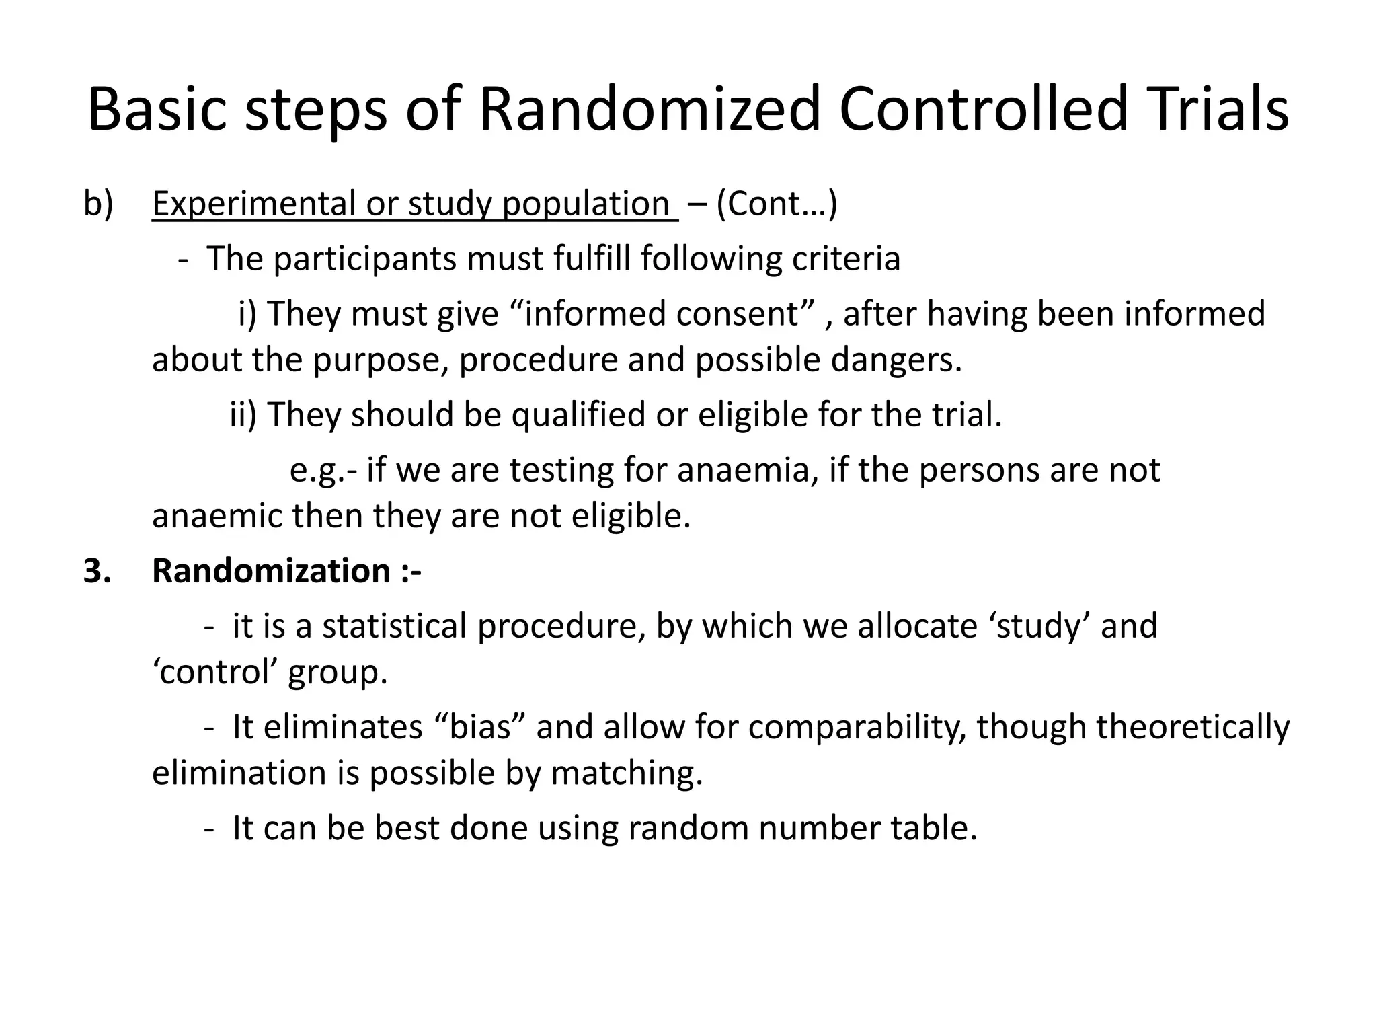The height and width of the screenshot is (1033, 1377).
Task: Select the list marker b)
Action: tap(98, 203)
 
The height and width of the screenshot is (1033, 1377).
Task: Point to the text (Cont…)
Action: tap(777, 203)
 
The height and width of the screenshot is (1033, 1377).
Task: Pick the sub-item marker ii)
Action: tap(243, 414)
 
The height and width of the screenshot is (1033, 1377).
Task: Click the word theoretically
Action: tap(1133, 727)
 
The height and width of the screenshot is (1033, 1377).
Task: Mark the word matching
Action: tap(627, 773)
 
